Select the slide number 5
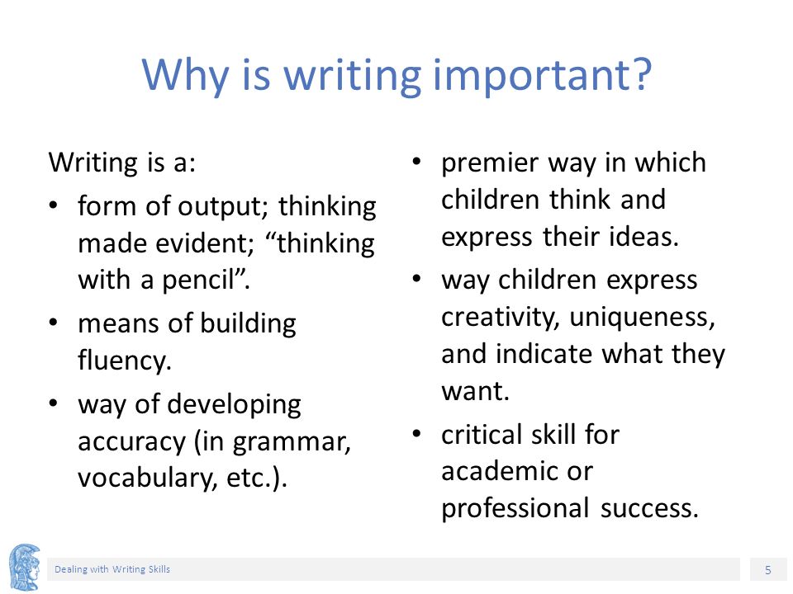click(x=767, y=570)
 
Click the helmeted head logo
click(x=24, y=567)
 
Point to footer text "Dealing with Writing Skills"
click(x=112, y=569)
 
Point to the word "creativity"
click(x=497, y=318)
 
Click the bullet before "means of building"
click(x=54, y=323)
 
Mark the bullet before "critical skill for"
click(x=416, y=434)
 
